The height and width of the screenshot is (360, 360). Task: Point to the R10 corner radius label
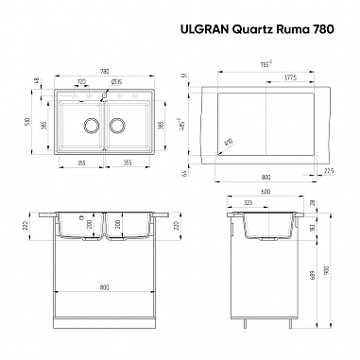click(x=230, y=143)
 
